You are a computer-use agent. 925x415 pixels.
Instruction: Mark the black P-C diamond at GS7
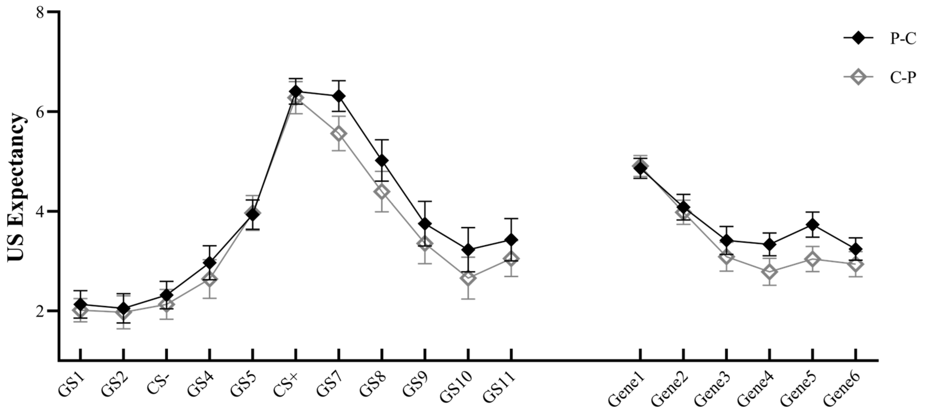[x=339, y=96]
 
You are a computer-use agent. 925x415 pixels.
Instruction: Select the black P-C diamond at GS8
[x=382, y=160]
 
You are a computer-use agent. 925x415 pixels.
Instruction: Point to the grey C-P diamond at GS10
[x=468, y=278]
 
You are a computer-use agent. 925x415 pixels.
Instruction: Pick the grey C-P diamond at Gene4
[x=769, y=271]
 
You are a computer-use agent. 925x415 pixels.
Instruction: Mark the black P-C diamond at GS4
[x=210, y=263]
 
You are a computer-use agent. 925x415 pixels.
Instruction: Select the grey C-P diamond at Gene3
[x=726, y=258]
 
